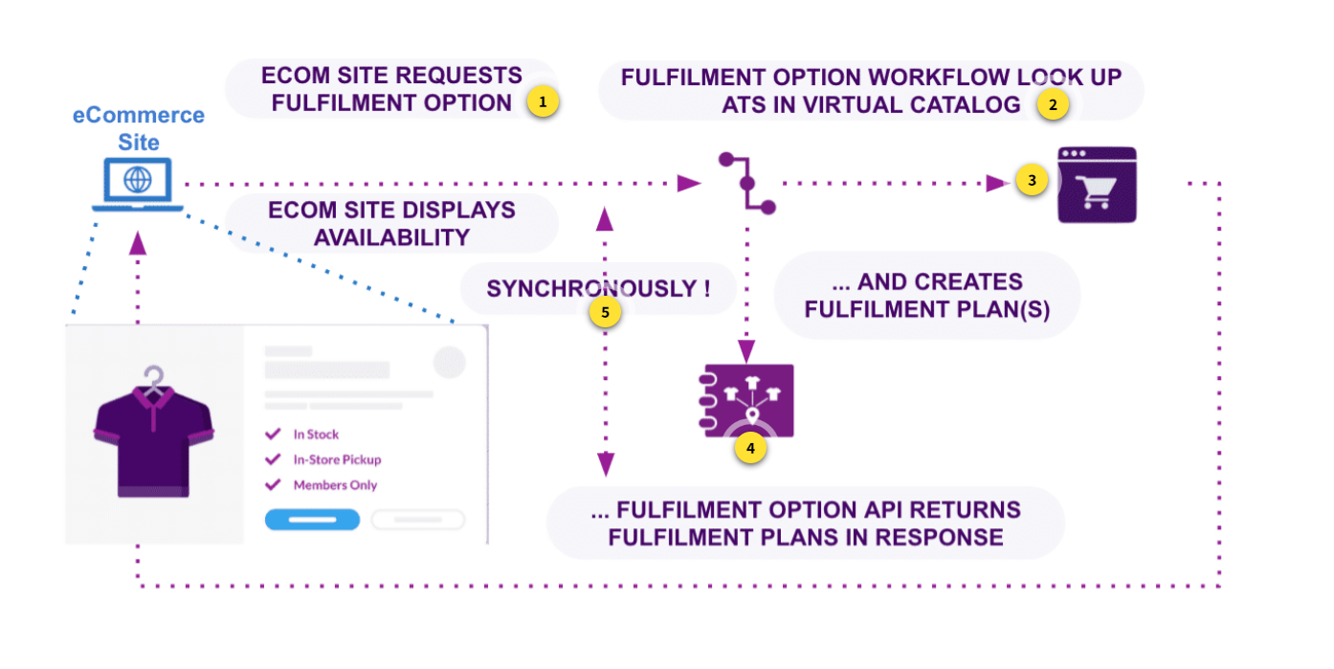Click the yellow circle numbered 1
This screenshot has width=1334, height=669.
(x=543, y=101)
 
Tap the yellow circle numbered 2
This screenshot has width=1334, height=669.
(x=1053, y=106)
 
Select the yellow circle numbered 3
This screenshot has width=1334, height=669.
(x=1031, y=180)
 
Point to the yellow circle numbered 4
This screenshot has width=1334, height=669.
(x=750, y=447)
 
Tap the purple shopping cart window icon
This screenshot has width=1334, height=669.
(x=1097, y=185)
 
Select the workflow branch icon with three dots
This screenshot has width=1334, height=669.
(x=747, y=182)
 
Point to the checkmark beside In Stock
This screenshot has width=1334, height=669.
(x=273, y=435)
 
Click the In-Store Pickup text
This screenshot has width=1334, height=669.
(x=337, y=459)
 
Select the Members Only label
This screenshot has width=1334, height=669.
(x=335, y=485)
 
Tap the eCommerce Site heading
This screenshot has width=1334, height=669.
(x=139, y=128)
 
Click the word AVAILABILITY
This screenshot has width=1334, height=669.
(x=391, y=236)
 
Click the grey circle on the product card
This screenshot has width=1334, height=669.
(x=449, y=362)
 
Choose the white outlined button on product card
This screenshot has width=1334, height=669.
(x=418, y=520)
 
